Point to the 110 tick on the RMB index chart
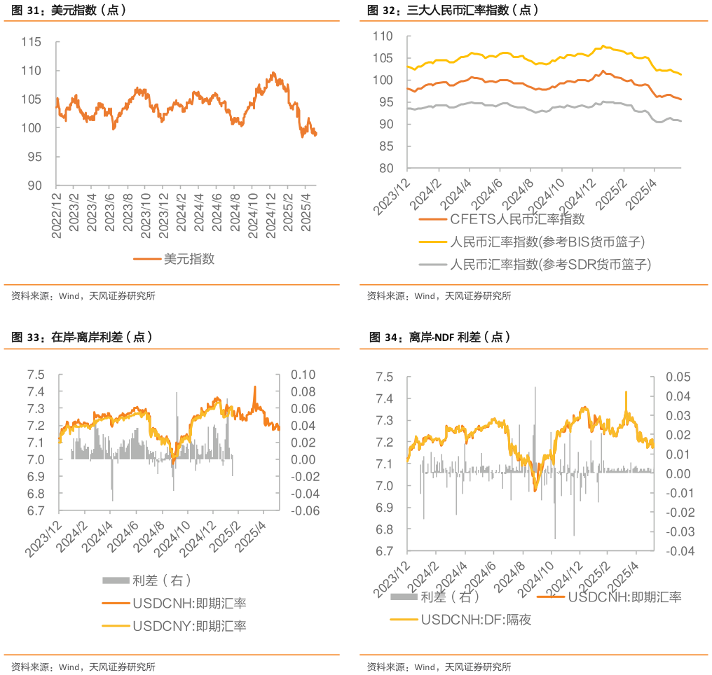click(383, 36)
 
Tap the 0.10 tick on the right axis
click(304, 375)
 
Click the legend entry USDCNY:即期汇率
click(189, 625)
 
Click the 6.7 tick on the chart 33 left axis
click(36, 510)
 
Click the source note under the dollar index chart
click(83, 296)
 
